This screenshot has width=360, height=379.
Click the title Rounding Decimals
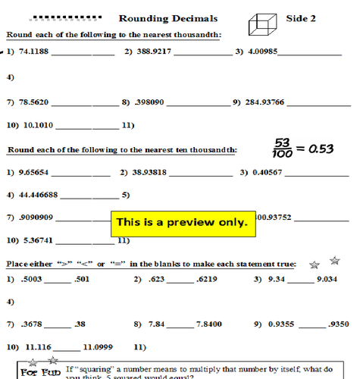(168, 18)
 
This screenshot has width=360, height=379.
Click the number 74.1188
(33, 52)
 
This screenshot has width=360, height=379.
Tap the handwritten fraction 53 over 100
(283, 145)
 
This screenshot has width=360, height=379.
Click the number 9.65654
(33, 172)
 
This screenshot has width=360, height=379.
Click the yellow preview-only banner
(181, 223)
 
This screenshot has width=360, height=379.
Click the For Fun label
(39, 372)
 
